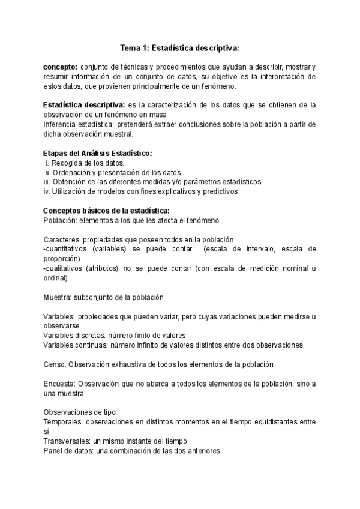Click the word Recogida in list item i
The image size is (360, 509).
coord(67,163)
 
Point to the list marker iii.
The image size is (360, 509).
coord(47,182)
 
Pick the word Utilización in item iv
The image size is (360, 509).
coord(72,191)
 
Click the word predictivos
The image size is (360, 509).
coord(221,191)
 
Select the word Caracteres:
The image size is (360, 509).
coord(64,239)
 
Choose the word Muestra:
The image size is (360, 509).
coord(57,297)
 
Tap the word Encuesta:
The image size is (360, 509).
coord(59,384)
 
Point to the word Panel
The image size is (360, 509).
coord(53,451)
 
